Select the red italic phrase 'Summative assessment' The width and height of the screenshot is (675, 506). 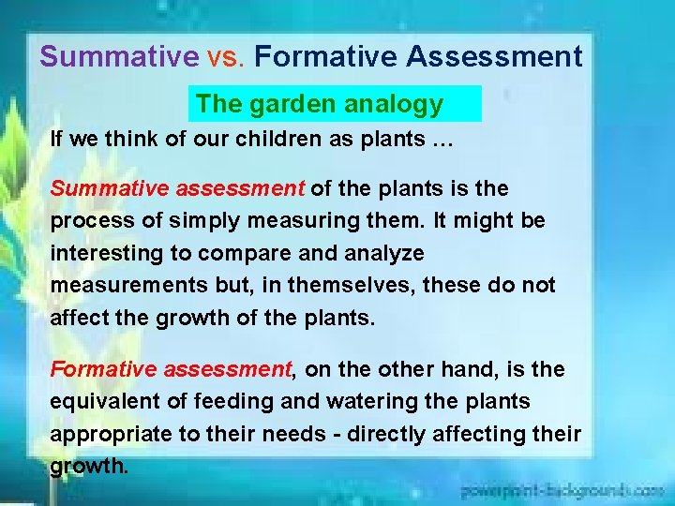click(x=177, y=188)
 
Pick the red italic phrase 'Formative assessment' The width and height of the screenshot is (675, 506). click(x=172, y=369)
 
